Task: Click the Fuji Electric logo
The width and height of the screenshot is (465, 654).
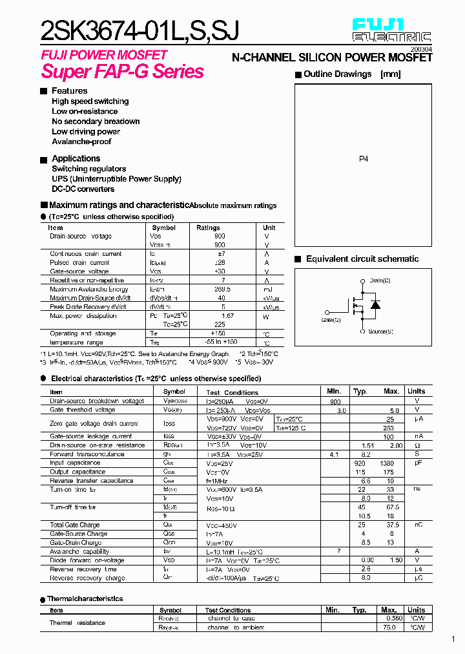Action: click(x=391, y=30)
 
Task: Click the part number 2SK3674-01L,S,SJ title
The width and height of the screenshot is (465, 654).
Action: click(x=140, y=30)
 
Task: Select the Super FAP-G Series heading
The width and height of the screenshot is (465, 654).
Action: click(x=122, y=71)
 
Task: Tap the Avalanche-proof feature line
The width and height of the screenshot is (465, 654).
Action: click(x=81, y=142)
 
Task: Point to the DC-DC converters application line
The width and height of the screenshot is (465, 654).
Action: click(x=83, y=189)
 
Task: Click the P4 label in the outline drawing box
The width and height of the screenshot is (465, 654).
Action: click(x=364, y=158)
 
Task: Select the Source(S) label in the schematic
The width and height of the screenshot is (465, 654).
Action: click(x=381, y=332)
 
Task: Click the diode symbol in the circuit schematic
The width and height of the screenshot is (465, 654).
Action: click(x=375, y=305)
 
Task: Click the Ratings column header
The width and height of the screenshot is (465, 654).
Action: click(x=208, y=227)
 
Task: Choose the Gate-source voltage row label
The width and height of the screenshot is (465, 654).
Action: click(x=79, y=271)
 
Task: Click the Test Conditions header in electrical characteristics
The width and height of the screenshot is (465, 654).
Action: click(x=232, y=392)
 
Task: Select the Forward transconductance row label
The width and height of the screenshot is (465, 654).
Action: click(x=87, y=454)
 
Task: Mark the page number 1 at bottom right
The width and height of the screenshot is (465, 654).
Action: click(x=453, y=639)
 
